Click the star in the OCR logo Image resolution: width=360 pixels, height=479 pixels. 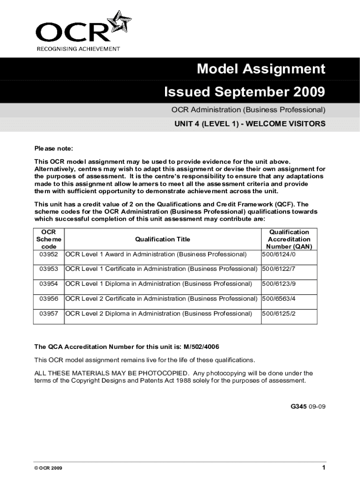click(x=119, y=21)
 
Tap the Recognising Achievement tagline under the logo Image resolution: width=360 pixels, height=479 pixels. click(x=78, y=49)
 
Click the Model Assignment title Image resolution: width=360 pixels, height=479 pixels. click(x=260, y=69)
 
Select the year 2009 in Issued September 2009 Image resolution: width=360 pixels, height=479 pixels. click(x=307, y=92)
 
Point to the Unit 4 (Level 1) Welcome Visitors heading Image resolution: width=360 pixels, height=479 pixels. click(x=250, y=124)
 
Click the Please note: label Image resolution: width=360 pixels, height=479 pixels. click(x=54, y=149)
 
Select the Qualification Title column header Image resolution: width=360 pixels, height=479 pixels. click(x=162, y=239)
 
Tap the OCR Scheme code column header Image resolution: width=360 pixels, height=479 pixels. click(x=49, y=239)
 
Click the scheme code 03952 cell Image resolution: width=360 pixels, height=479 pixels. click(x=49, y=254)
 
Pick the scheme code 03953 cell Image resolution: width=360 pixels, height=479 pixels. click(x=49, y=269)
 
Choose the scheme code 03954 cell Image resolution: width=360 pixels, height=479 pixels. click(x=49, y=284)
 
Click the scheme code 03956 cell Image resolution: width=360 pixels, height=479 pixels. click(x=49, y=298)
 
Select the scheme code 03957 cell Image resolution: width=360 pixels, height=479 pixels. click(x=49, y=313)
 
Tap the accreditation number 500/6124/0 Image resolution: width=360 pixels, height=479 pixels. click(x=279, y=254)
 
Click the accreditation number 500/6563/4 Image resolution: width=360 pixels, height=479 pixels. click(x=279, y=298)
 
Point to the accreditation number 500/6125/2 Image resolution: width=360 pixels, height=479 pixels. click(x=279, y=313)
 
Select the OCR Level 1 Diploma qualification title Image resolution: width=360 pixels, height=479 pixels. click(x=158, y=284)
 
